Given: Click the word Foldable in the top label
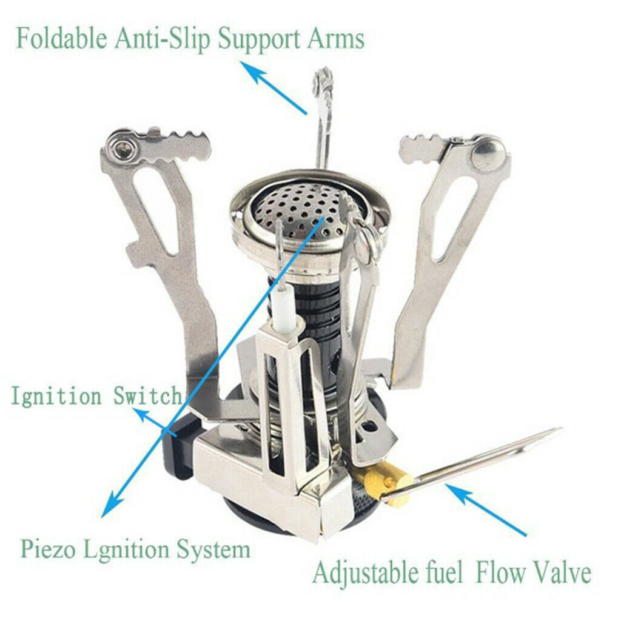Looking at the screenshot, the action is (x=61, y=39).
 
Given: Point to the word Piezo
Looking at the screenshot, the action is (x=47, y=550).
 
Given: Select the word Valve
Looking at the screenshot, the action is (x=562, y=572).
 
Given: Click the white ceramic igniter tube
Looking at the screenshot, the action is (x=284, y=308).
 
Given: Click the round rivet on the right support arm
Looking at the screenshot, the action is (x=488, y=152).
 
